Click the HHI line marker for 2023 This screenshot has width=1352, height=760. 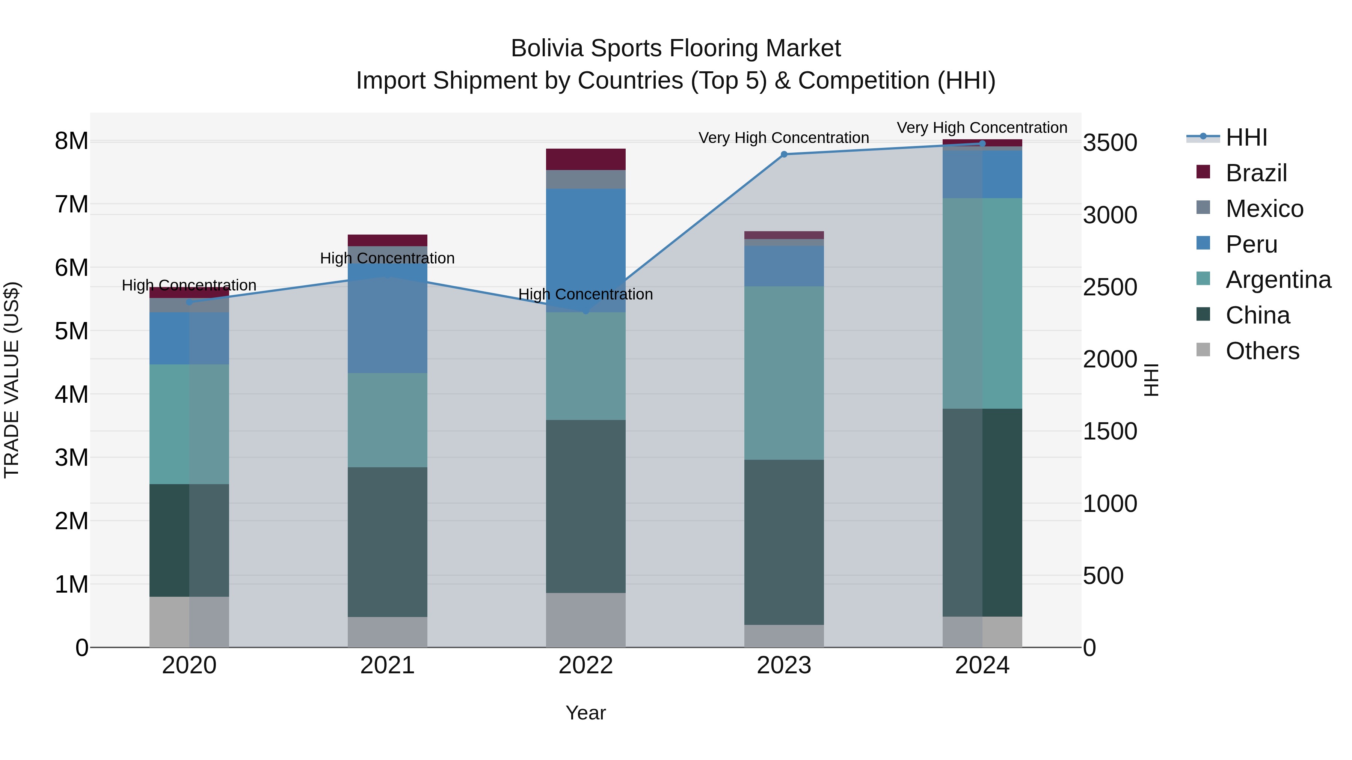(x=784, y=154)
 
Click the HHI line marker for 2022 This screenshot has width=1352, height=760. (x=586, y=311)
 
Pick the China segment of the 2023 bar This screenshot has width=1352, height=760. (x=784, y=542)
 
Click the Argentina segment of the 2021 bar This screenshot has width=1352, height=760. (x=387, y=420)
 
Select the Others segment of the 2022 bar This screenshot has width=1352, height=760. (x=586, y=620)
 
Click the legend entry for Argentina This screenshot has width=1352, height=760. (x=1278, y=280)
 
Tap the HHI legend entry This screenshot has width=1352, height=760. (x=1246, y=137)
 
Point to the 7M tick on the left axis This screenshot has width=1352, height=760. (x=71, y=205)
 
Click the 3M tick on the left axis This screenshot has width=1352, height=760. (x=71, y=458)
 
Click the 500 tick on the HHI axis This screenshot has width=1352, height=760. (x=1103, y=575)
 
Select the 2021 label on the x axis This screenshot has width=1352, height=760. (x=387, y=665)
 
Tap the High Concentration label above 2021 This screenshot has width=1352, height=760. (x=387, y=258)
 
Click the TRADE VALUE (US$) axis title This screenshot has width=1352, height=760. (x=12, y=380)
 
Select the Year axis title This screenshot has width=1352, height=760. (x=586, y=713)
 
